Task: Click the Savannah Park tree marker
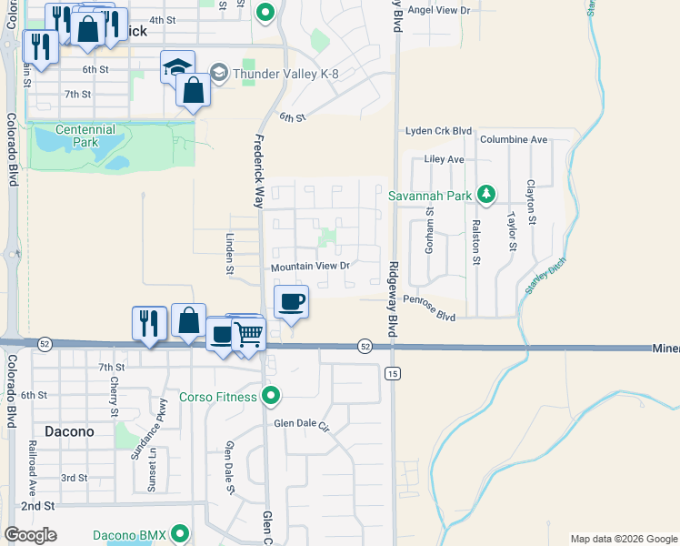(486, 193)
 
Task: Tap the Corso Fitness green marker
(270, 396)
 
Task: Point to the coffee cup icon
(291, 301)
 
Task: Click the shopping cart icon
(247, 334)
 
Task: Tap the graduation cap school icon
(178, 66)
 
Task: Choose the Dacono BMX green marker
(180, 534)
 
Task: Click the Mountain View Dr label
(310, 267)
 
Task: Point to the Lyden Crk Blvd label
(439, 130)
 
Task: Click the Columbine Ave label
(514, 139)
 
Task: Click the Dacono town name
(69, 430)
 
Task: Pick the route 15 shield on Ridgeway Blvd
(393, 373)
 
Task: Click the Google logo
(31, 535)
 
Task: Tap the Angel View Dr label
(439, 11)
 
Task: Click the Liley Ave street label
(445, 159)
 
